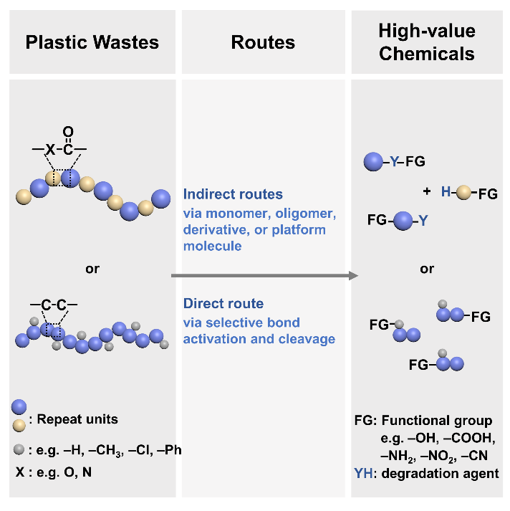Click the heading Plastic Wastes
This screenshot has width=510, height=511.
pyautogui.click(x=92, y=42)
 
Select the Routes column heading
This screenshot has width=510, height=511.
pyautogui.click(x=263, y=42)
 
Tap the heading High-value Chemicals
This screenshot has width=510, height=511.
pyautogui.click(x=427, y=42)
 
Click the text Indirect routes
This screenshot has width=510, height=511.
pyautogui.click(x=233, y=194)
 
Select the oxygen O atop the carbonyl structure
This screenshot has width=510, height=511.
pyautogui.click(x=68, y=131)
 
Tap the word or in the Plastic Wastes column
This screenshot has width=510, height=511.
pyautogui.click(x=92, y=269)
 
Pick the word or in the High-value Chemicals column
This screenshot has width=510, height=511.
pyautogui.click(x=427, y=269)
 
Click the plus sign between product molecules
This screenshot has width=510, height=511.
pyautogui.click(x=427, y=192)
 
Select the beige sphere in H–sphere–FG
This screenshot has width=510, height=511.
pyautogui.click(x=464, y=192)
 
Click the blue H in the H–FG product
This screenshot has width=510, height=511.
pyautogui.click(x=446, y=192)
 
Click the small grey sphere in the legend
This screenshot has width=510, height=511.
pyautogui.click(x=19, y=451)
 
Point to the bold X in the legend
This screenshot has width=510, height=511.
pyautogui.click(x=19, y=472)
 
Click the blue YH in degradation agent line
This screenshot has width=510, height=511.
pyautogui.click(x=363, y=473)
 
